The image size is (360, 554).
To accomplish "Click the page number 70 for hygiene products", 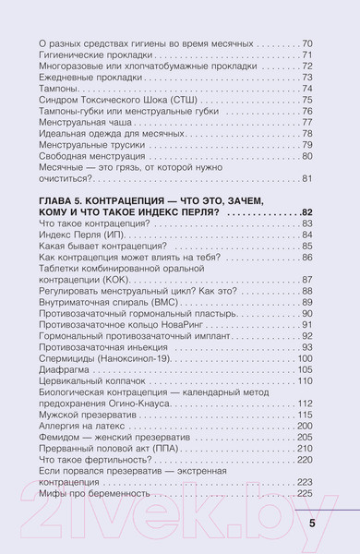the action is pos(307,43).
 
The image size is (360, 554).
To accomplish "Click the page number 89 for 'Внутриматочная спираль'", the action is pos(307,301).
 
